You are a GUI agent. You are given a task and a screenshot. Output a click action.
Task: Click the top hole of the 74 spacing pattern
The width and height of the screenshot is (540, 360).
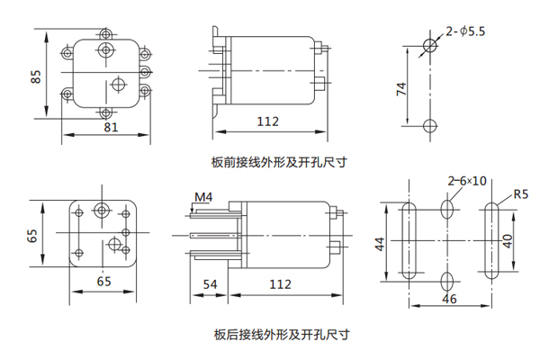click(x=430, y=46)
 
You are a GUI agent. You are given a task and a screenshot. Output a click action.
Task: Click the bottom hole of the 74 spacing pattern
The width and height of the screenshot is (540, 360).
click(x=430, y=124)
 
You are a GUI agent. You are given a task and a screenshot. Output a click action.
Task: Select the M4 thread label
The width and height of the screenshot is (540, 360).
click(x=203, y=197)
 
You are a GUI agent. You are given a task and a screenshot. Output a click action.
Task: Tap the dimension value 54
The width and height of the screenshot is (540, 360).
click(x=211, y=284)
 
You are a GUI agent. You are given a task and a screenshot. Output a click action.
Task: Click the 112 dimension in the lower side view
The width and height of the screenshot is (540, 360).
click(x=281, y=284)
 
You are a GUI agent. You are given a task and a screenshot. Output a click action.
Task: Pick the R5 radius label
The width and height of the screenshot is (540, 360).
click(x=520, y=193)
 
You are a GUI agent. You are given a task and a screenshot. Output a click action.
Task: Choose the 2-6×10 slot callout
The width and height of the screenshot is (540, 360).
click(x=467, y=181)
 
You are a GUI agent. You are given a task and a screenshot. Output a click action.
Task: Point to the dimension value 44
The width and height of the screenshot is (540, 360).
click(x=380, y=243)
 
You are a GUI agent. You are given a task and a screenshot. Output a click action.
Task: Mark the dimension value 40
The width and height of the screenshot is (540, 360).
click(x=508, y=241)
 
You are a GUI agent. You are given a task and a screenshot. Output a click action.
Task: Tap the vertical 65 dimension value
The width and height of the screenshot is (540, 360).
click(x=33, y=237)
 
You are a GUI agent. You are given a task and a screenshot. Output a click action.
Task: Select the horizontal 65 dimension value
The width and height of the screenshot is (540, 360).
click(x=103, y=282)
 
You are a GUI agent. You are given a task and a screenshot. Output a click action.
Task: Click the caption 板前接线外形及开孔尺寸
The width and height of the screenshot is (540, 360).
click(x=279, y=163)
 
